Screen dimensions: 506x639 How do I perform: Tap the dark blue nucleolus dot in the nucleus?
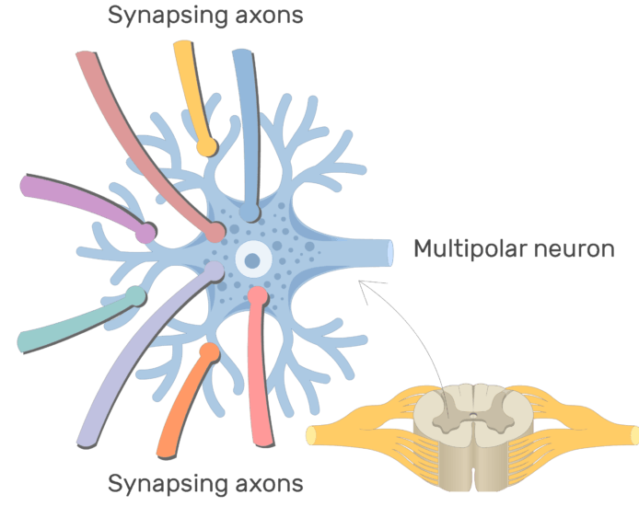pos(251,260)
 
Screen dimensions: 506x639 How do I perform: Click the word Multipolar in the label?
pos(464,248)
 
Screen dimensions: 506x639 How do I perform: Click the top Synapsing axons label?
pos(205,16)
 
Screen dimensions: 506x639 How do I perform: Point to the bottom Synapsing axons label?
pos(205,483)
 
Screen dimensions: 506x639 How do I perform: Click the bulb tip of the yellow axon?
pos(208,146)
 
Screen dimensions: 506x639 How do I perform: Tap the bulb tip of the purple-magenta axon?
pos(145,234)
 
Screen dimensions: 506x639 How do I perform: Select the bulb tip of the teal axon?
pos(135,296)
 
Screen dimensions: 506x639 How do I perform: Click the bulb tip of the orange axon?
pos(209,351)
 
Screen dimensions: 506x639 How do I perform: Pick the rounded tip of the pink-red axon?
pos(257,295)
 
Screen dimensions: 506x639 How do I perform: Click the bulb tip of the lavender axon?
pos(214,271)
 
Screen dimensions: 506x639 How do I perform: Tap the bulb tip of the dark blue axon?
pos(249,213)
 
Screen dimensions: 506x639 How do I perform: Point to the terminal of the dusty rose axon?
pos(215,233)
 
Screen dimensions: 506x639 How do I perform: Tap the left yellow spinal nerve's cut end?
pos(310,435)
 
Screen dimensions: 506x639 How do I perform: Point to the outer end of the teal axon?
pos(24,343)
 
